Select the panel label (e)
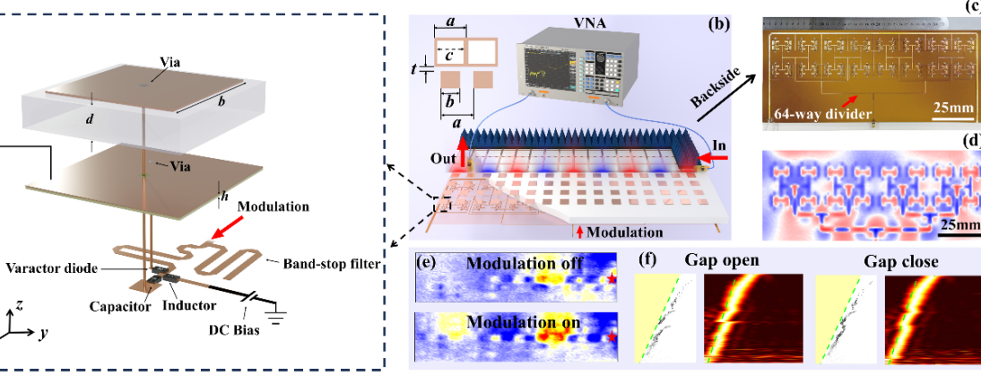[428, 263]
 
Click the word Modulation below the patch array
[625, 232]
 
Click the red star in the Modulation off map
[612, 281]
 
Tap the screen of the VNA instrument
[551, 68]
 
